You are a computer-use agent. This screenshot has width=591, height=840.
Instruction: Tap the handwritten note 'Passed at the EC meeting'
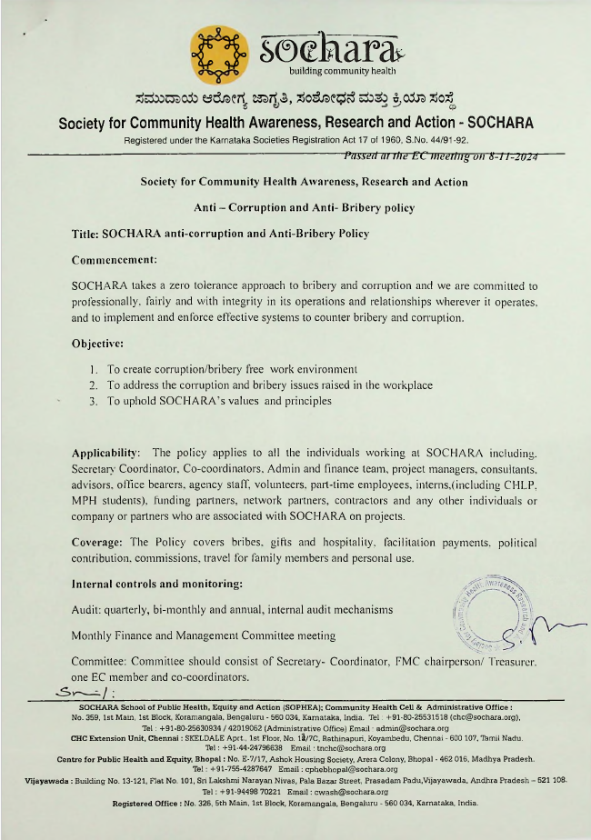tap(442, 156)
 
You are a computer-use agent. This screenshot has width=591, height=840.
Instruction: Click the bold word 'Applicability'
tap(105, 452)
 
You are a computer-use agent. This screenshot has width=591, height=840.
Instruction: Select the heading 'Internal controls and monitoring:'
tap(156, 582)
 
